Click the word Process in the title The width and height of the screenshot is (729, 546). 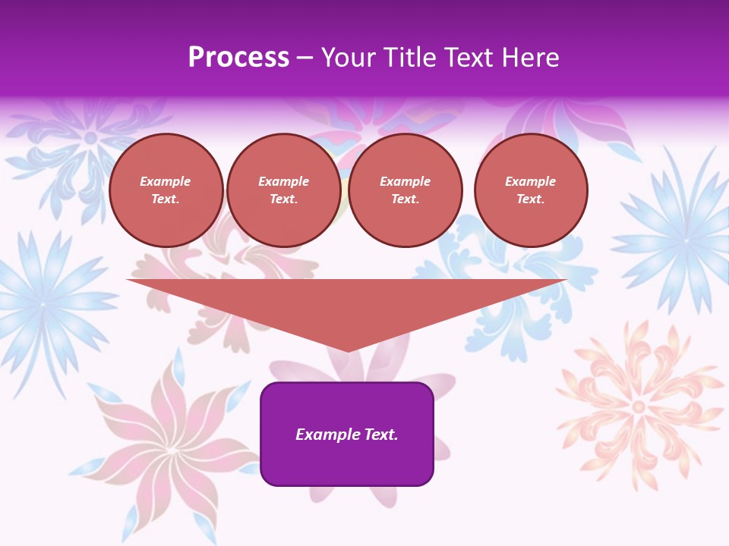(238, 58)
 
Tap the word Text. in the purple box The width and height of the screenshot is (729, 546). (380, 435)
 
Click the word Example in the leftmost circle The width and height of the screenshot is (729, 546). (166, 181)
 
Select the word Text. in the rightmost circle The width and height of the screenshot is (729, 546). (530, 199)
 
